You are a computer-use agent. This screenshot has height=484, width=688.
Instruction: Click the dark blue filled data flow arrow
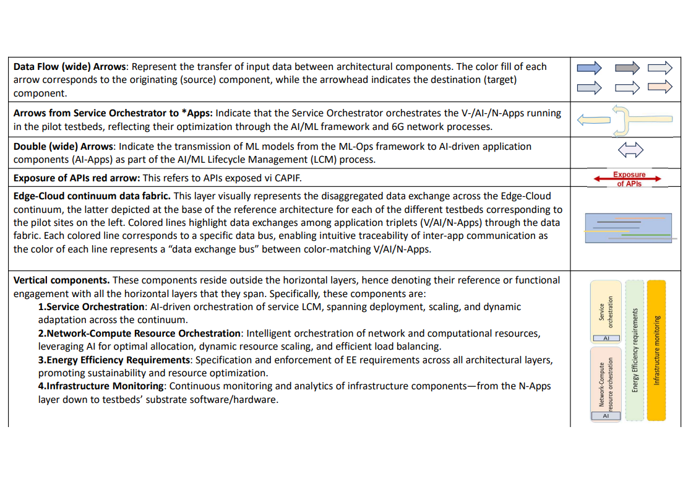click(588, 67)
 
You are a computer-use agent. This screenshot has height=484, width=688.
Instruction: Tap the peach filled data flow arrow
click(660, 87)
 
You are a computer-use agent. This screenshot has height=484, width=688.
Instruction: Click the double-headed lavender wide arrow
click(630, 149)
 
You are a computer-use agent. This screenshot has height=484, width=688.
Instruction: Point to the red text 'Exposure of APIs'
click(629, 179)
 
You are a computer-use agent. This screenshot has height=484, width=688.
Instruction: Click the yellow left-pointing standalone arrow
click(594, 121)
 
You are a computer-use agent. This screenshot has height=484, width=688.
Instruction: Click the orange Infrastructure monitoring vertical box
click(656, 350)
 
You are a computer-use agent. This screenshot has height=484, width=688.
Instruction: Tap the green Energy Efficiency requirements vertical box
click(634, 350)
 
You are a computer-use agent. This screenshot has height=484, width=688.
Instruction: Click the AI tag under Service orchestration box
click(606, 339)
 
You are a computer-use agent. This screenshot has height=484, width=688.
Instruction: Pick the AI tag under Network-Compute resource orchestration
click(606, 416)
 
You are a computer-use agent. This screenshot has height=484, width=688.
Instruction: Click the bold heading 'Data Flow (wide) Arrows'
click(71, 67)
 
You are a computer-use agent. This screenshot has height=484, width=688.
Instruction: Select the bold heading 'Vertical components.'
click(62, 280)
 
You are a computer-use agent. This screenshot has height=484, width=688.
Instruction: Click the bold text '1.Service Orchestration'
click(92, 307)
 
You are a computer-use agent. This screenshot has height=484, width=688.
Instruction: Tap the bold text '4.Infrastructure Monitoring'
click(101, 386)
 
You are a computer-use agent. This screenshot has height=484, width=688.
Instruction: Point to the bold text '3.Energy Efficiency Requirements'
click(114, 360)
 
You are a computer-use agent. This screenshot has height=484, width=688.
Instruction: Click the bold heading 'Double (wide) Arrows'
click(64, 147)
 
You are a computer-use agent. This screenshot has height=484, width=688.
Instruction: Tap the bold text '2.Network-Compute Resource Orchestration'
click(139, 334)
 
